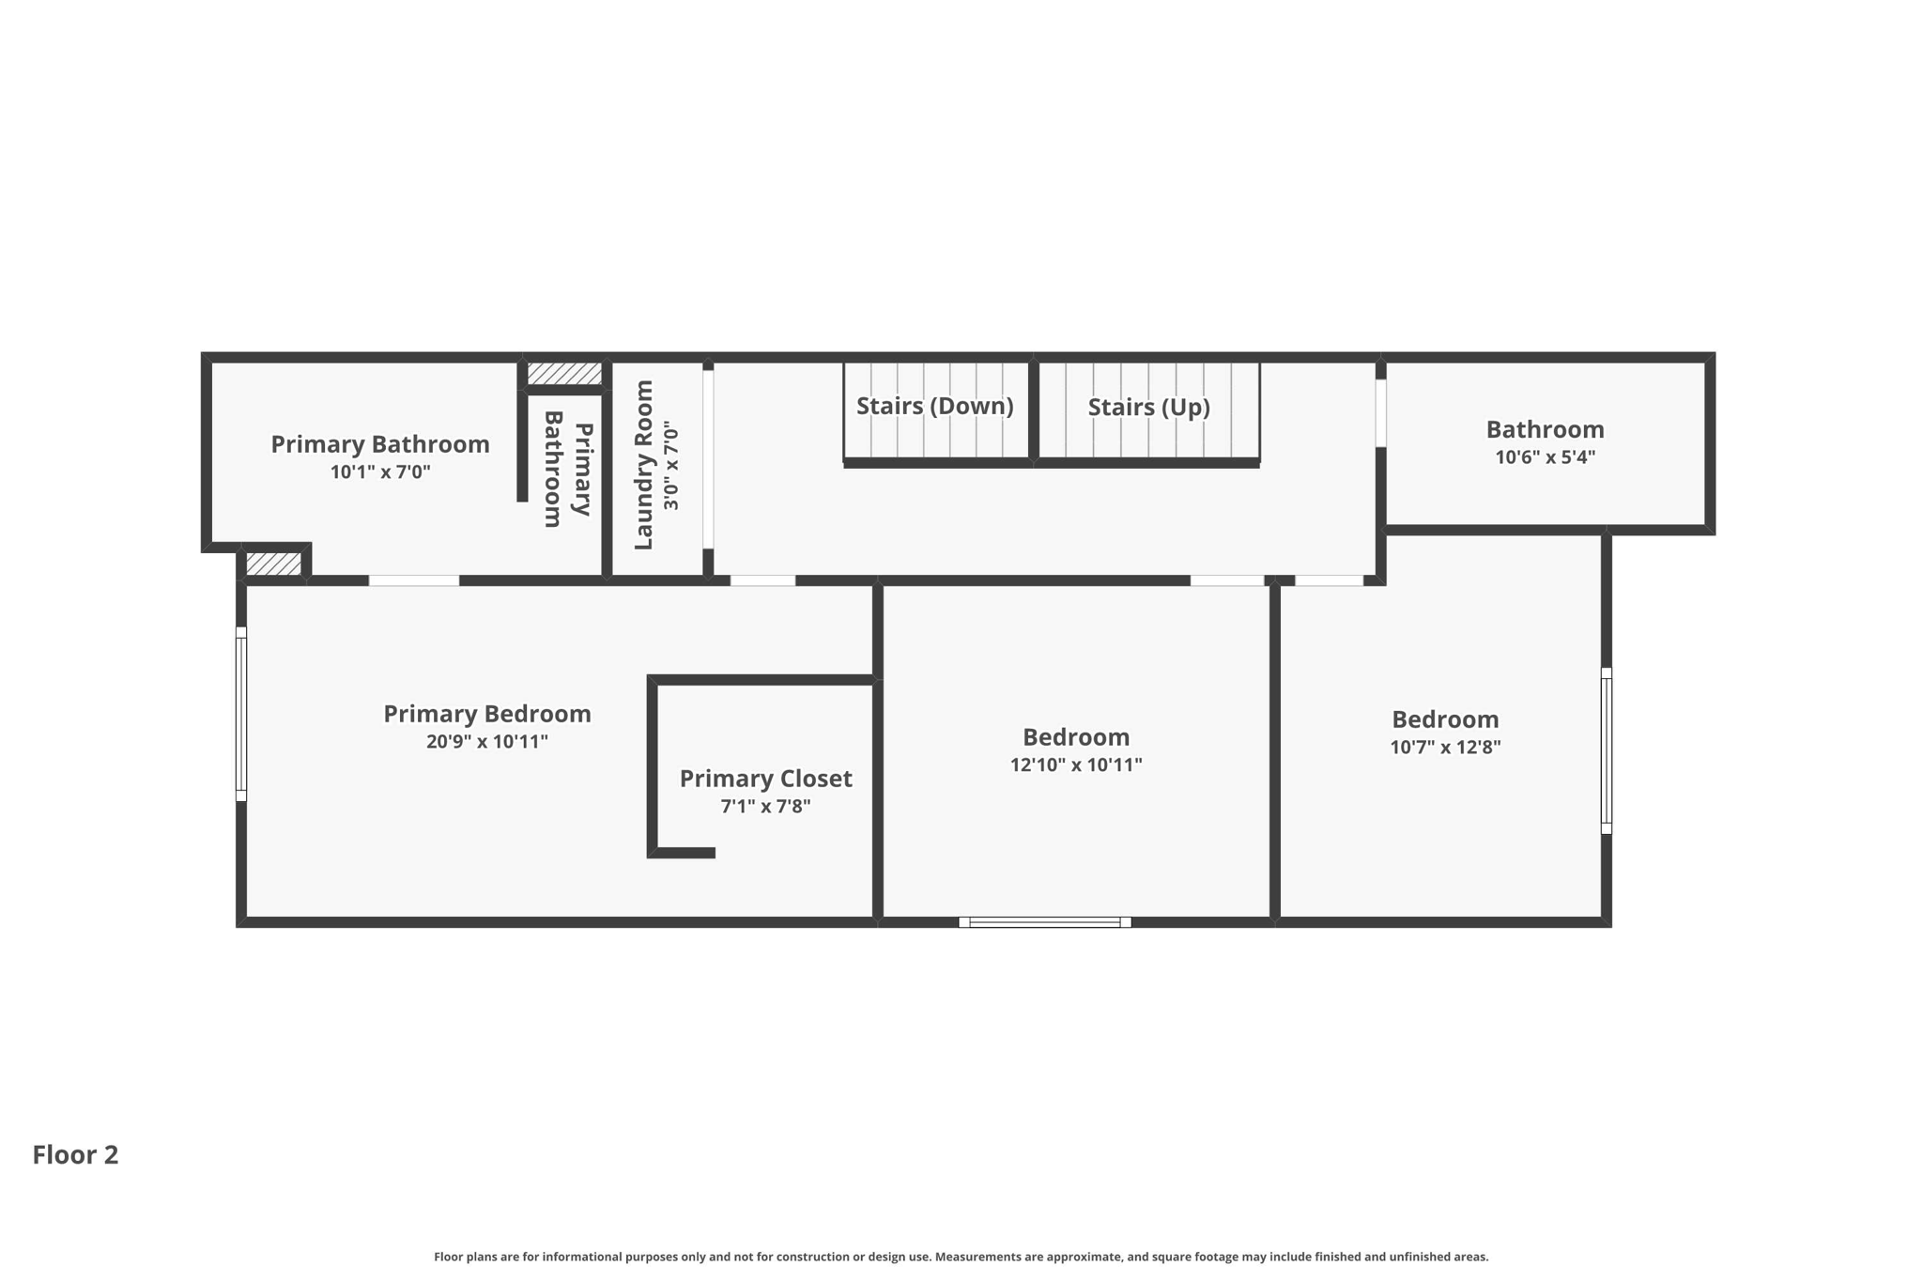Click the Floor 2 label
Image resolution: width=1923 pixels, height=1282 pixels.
pos(75,1154)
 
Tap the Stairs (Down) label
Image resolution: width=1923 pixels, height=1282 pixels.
pos(934,406)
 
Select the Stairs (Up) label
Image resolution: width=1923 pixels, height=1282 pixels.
pos(1148,407)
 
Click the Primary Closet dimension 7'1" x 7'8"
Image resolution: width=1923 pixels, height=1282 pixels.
pos(765,806)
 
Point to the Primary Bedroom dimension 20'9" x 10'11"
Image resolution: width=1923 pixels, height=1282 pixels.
pos(486,741)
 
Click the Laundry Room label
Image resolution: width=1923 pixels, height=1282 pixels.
pos(643,465)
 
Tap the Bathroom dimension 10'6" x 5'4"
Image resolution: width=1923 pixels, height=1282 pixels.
pos(1545,456)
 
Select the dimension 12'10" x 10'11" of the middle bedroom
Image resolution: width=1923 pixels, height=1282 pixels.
pos(1076,765)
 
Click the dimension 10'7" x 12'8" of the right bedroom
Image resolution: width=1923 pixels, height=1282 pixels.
pos(1445,747)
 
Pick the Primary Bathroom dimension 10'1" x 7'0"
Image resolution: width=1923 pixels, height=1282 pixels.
pos(379,471)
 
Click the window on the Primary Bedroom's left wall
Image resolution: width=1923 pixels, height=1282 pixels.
pos(241,714)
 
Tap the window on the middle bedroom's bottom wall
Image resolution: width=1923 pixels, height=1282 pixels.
pos(1044,922)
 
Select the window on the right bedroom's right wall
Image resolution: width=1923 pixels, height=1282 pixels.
pos(1606,750)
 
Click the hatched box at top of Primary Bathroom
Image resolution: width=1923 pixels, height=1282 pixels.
pos(563,374)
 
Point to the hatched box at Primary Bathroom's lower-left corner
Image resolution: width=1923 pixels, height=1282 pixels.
pos(273,564)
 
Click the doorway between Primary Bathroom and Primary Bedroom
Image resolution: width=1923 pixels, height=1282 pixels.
pos(414,580)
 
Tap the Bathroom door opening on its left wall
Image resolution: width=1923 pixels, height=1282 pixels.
pos(1380,412)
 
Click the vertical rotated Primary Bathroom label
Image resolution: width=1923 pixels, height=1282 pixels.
pos(568,469)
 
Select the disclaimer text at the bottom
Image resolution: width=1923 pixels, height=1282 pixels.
pos(961,1257)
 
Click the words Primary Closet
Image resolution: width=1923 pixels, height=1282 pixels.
pos(765,779)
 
